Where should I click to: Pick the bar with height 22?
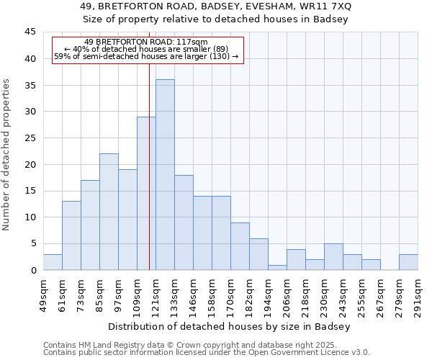pyautogui.click(x=109, y=212)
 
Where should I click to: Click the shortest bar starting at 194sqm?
pyautogui.click(x=277, y=267)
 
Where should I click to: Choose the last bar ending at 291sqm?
pyautogui.click(x=408, y=262)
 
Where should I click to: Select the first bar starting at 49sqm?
pyautogui.click(x=53, y=262)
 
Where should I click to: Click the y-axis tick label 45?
pyautogui.click(x=30, y=32)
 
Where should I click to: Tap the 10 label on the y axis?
pyautogui.click(x=30, y=217)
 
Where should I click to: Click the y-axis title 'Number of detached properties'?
pyautogui.click(x=8, y=154)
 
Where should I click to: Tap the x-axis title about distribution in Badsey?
pyautogui.click(x=230, y=327)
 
